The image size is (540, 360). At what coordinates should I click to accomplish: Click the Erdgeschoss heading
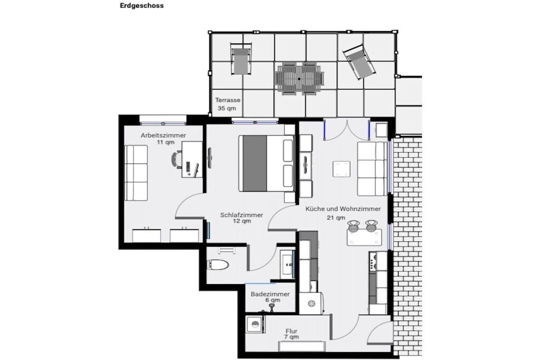coord(141,5)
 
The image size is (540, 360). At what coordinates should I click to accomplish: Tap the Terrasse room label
coord(228,100)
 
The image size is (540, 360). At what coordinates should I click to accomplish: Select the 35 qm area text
coord(227,108)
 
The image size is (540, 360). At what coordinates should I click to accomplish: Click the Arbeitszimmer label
coord(163,135)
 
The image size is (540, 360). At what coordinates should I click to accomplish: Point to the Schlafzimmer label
coord(242,215)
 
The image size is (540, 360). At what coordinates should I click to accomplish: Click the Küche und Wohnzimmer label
coord(343,209)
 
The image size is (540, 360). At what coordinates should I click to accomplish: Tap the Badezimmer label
coord(270,294)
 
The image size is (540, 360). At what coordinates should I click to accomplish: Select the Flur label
coord(291,331)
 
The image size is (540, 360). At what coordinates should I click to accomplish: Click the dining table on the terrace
coord(300,79)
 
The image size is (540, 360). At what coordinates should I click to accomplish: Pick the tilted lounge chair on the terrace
coord(359,62)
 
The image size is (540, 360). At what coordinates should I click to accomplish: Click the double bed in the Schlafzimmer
coord(266,163)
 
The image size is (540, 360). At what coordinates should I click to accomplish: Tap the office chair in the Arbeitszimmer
coord(177,159)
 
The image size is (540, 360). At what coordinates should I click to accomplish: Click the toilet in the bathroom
coord(218,265)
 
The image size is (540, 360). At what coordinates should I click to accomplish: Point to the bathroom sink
coord(287,264)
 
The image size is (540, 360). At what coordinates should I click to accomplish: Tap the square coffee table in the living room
coord(341,169)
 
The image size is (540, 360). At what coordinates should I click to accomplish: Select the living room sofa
coord(372,169)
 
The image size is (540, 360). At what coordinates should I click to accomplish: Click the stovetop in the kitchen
coord(373,261)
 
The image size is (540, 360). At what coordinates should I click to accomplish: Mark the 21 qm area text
coord(336,218)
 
